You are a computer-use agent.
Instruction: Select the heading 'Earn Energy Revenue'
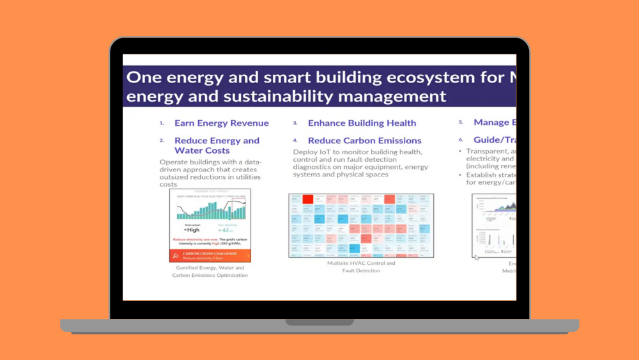click(221, 123)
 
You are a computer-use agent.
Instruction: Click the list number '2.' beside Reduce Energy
click(162, 140)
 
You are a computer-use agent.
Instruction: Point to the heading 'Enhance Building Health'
click(362, 123)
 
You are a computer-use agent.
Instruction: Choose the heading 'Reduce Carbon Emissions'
click(364, 140)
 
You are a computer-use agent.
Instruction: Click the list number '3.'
click(295, 123)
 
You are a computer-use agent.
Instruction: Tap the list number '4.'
click(295, 140)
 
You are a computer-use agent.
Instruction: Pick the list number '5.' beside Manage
click(461, 122)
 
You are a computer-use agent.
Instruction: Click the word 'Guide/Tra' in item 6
click(494, 139)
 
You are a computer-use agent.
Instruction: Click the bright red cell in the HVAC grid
click(307, 200)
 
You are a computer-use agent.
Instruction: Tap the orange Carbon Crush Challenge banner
click(210, 255)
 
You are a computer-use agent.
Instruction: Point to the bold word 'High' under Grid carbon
click(193, 230)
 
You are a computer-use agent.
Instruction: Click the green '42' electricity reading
click(226, 230)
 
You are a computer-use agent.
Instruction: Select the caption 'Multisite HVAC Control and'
click(361, 263)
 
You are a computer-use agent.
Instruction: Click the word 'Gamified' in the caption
click(189, 268)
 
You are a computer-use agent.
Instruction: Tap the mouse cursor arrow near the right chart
click(477, 258)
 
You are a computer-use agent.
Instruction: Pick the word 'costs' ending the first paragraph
click(169, 184)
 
